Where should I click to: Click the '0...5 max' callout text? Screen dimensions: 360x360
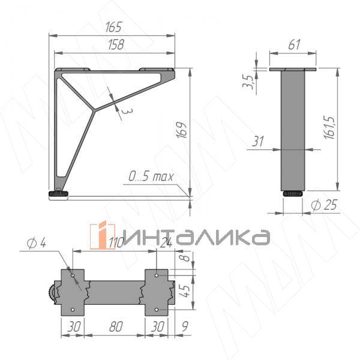151,176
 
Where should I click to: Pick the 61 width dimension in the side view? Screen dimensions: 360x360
293,44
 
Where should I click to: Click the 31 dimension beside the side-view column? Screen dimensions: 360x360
258,142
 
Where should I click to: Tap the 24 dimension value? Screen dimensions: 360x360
167,242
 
